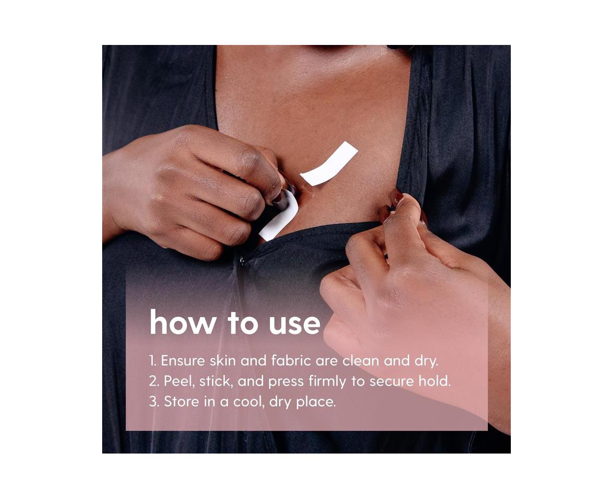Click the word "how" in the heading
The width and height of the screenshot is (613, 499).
coord(183,322)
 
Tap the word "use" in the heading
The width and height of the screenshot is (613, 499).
coord(295,325)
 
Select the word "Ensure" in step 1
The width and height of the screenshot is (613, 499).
coord(183,361)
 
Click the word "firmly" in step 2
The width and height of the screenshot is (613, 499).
coord(327,382)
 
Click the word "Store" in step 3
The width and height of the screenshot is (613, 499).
coord(181,402)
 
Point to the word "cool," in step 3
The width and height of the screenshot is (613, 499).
coord(249,402)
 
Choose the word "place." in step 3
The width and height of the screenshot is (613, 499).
coord(316,402)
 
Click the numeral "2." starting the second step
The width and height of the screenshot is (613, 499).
coord(154,382)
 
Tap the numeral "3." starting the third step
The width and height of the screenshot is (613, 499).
coord(154,402)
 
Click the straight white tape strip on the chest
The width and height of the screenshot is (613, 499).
coord(329,164)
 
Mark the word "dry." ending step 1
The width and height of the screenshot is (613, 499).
coord(426,361)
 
